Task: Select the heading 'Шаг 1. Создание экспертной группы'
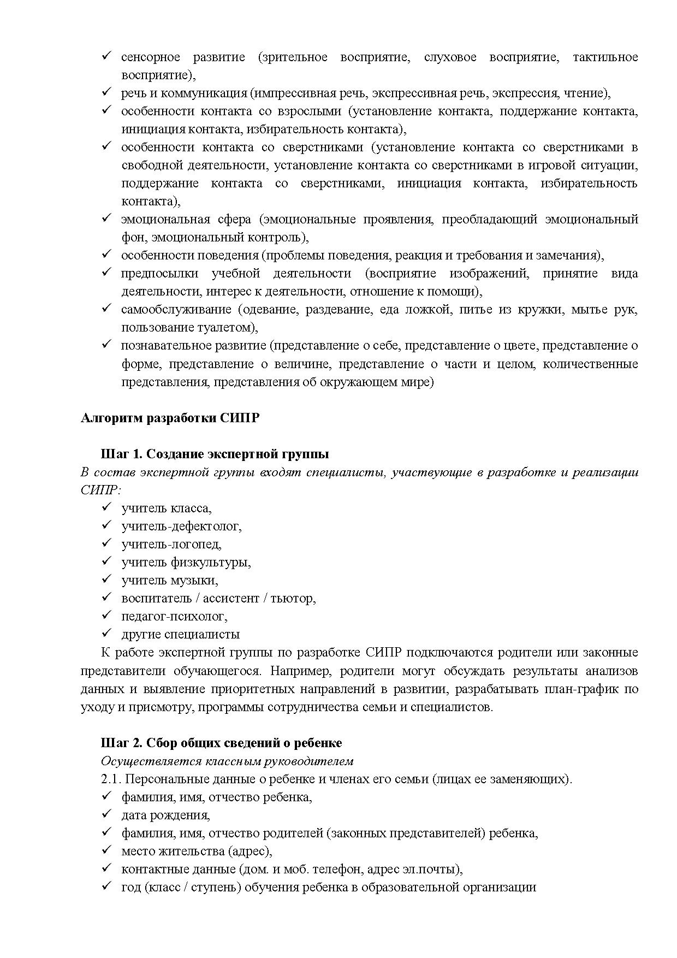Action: click(215, 454)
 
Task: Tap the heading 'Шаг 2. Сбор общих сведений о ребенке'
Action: click(221, 743)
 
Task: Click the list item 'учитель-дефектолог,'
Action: click(181, 526)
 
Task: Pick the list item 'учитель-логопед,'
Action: click(171, 544)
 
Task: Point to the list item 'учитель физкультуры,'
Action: click(186, 562)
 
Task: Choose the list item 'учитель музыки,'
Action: click(170, 580)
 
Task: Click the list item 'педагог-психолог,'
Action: click(174, 616)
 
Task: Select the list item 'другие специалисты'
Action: click(180, 634)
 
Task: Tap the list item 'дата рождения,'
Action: click(165, 815)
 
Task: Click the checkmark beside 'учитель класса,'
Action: click(106, 507)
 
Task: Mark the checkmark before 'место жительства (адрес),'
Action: click(106, 850)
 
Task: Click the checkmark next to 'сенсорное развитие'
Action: click(106, 56)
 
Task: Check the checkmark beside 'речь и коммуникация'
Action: click(106, 92)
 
